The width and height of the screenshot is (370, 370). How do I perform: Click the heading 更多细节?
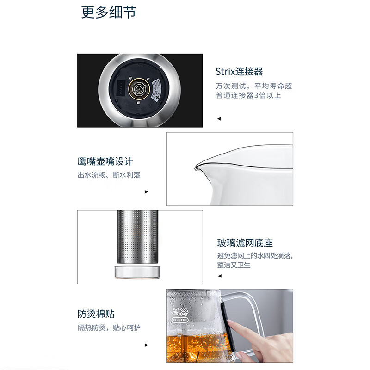(109, 12)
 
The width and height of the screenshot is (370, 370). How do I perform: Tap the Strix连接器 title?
(239, 72)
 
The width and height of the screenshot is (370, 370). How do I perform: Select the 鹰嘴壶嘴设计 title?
(105, 161)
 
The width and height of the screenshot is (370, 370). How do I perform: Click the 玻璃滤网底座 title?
(245, 243)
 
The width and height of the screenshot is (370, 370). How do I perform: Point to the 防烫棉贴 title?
(96, 314)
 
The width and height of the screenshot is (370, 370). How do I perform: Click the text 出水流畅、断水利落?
(109, 175)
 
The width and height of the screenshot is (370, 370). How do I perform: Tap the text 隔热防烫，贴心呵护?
(109, 327)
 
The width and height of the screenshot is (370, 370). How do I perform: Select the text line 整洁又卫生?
(234, 265)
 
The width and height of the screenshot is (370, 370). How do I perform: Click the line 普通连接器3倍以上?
(248, 95)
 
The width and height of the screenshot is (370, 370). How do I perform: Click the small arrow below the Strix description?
(219, 119)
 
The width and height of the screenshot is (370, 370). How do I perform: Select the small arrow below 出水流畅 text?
(147, 191)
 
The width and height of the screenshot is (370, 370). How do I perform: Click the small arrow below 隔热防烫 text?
(147, 345)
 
